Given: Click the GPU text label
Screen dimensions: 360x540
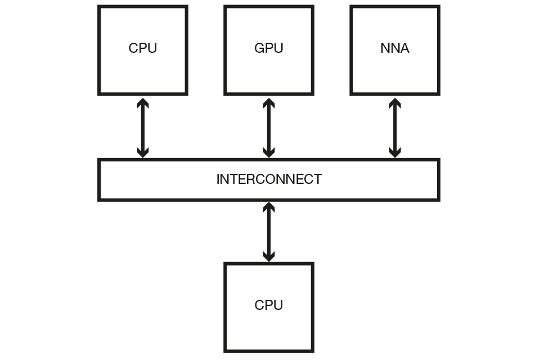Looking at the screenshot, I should pos(269,48).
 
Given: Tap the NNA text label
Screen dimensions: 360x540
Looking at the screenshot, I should pos(395,48).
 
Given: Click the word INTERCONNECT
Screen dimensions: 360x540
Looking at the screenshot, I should pos(269,179).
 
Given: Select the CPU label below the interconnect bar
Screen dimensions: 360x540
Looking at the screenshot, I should pos(269,305).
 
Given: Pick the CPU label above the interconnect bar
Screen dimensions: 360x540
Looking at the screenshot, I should pos(143,48).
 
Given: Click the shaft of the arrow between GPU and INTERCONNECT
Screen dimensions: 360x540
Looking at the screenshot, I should pos(269,128).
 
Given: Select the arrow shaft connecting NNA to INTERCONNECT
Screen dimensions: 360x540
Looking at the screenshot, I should pos(395,128).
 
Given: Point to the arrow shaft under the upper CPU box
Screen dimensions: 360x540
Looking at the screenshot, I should pos(143,128).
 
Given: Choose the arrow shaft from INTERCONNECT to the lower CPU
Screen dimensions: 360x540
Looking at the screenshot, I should pos(269,232).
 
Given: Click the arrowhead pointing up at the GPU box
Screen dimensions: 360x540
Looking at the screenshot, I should pos(269,103).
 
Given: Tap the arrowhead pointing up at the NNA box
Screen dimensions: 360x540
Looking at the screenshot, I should pos(395,103).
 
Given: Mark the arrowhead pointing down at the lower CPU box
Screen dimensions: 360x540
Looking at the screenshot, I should pos(269,257).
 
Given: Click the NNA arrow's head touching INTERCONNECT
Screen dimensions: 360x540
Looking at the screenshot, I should pos(395,153).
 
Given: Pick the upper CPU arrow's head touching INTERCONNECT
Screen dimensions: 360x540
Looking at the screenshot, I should pos(143,153).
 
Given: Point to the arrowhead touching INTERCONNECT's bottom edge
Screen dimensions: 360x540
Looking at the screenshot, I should pos(269,206).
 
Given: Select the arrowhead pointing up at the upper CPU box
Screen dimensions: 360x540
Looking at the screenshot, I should pos(143,103).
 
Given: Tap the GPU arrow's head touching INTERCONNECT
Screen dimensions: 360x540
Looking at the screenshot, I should pos(269,153).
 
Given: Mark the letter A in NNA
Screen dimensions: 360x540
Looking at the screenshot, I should pos(404,48).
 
